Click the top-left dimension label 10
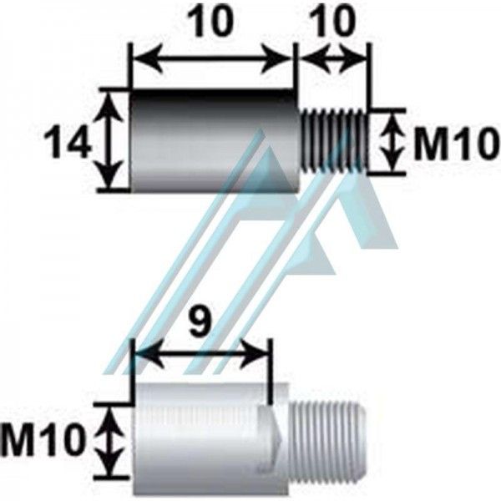[x=211, y=23]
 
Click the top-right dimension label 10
[x=333, y=22]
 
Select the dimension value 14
[x=67, y=141]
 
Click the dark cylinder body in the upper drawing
[x=215, y=141]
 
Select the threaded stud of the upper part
[x=333, y=141]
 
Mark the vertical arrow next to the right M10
[x=392, y=140]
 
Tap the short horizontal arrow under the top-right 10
[x=332, y=59]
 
